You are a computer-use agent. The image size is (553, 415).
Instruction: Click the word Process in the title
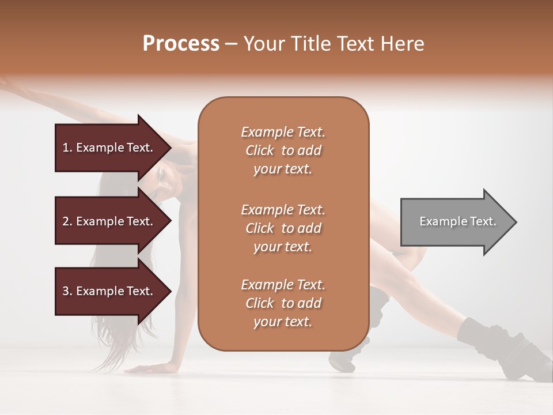pyautogui.click(x=181, y=44)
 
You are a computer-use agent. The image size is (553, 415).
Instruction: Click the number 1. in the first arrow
pyautogui.click(x=67, y=148)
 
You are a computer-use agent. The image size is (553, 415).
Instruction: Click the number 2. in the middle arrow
pyautogui.click(x=67, y=221)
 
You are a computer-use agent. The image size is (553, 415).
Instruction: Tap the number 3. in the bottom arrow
pyautogui.click(x=67, y=291)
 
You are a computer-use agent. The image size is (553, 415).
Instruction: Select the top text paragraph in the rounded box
pyautogui.click(x=283, y=150)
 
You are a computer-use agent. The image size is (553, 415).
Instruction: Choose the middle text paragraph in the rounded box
pyautogui.click(x=283, y=228)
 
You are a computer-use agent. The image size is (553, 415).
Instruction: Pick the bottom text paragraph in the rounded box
pyautogui.click(x=283, y=303)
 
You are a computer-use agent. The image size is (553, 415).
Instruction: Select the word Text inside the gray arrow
pyautogui.click(x=482, y=221)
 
